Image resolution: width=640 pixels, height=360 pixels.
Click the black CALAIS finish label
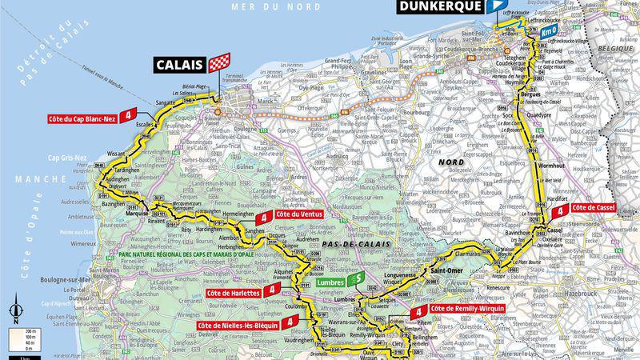tap(179, 66)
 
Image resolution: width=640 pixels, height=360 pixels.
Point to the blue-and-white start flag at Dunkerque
tap(498, 6)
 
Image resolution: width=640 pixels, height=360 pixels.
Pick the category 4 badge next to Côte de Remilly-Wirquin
tap(418, 310)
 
